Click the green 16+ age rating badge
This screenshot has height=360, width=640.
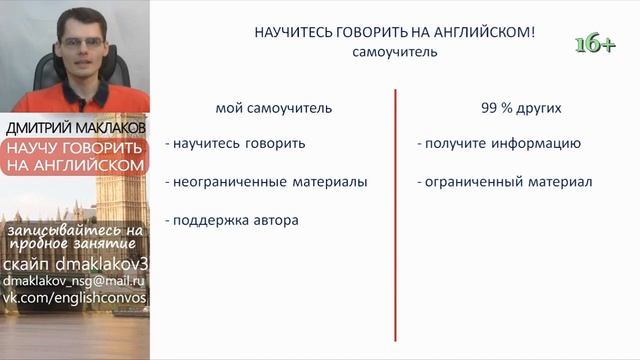(x=594, y=43)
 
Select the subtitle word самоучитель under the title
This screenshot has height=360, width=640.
(x=394, y=52)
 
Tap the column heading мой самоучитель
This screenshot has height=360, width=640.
(x=273, y=107)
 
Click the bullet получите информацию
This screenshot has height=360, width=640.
(x=498, y=143)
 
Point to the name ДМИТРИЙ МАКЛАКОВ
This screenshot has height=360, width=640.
(x=76, y=129)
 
